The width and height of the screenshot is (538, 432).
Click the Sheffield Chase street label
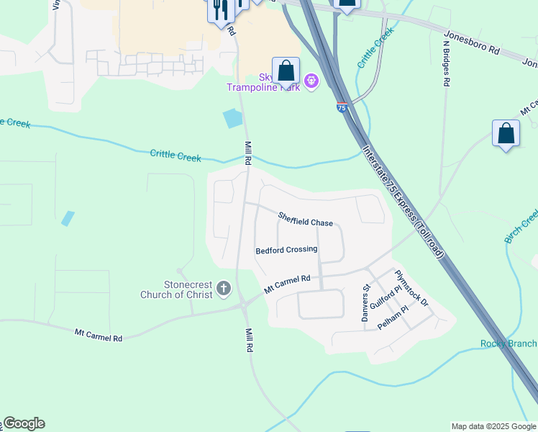[306, 219]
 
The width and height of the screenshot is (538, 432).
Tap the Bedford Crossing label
[286, 250]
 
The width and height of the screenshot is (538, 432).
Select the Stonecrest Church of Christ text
[178, 289]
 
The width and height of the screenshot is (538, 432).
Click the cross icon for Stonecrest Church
[223, 289]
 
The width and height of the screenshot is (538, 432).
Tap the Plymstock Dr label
[411, 288]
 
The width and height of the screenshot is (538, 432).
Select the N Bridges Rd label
[446, 63]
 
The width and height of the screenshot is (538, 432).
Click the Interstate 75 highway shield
[341, 107]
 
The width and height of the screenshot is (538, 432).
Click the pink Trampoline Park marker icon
[311, 81]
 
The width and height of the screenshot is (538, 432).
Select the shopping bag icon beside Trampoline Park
[286, 71]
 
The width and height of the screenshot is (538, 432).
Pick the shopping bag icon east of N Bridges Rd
[506, 134]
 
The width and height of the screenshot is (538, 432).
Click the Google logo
[24, 423]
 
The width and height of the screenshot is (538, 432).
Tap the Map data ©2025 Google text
[493, 426]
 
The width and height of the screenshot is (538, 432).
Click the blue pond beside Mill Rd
[233, 117]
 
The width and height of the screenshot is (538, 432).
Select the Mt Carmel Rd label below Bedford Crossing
[287, 283]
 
